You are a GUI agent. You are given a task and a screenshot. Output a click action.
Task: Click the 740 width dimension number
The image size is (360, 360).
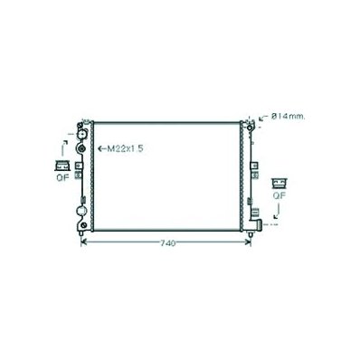click(x=167, y=243)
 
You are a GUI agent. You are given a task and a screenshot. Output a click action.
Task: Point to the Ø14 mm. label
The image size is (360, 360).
click(x=288, y=116)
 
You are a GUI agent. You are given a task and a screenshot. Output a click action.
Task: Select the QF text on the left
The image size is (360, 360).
click(x=62, y=177)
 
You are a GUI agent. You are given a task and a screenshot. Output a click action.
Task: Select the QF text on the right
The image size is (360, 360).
click(x=279, y=195)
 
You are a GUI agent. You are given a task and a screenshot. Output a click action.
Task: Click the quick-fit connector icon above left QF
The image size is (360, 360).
click(x=62, y=166)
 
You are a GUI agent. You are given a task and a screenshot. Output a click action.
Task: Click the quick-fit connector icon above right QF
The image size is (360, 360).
click(x=279, y=184)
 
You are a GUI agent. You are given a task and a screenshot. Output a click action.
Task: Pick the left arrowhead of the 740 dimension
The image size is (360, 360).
click(x=84, y=242)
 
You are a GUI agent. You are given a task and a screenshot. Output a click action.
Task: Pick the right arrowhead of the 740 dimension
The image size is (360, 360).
click(x=248, y=242)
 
